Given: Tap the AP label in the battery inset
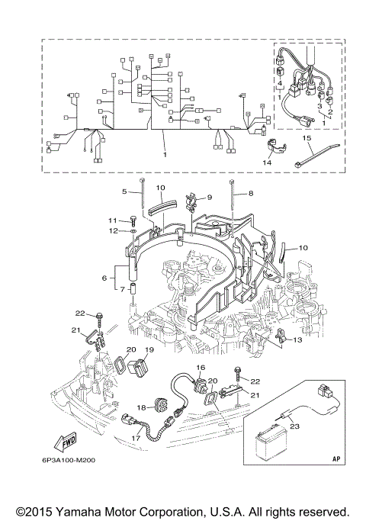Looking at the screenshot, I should coord(335,460).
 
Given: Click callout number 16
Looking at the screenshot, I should coord(201,368).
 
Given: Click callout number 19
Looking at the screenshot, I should coord(149,350).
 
